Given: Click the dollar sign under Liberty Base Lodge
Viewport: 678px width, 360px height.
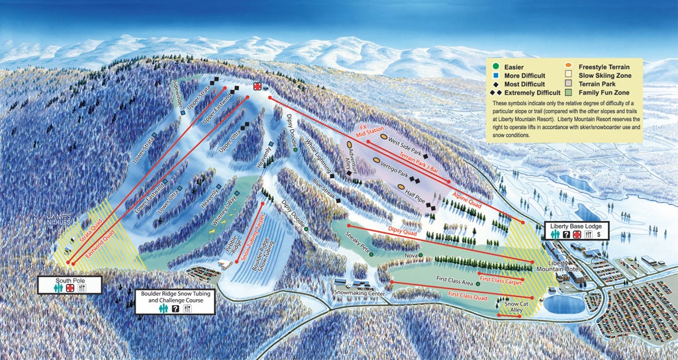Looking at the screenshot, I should [x=599, y=234].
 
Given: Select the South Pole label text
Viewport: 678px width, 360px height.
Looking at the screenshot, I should [x=70, y=280].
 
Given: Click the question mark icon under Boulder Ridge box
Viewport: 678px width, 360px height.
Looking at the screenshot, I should [x=175, y=308].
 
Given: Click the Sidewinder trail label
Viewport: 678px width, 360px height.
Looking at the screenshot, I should [x=177, y=104].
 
